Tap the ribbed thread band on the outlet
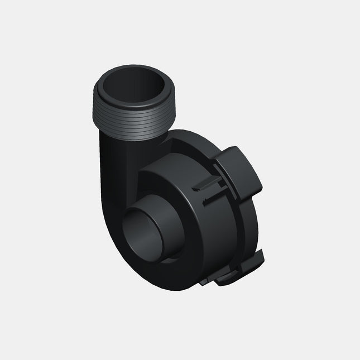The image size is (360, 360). [x=134, y=119]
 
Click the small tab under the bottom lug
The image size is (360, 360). [x=226, y=279]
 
